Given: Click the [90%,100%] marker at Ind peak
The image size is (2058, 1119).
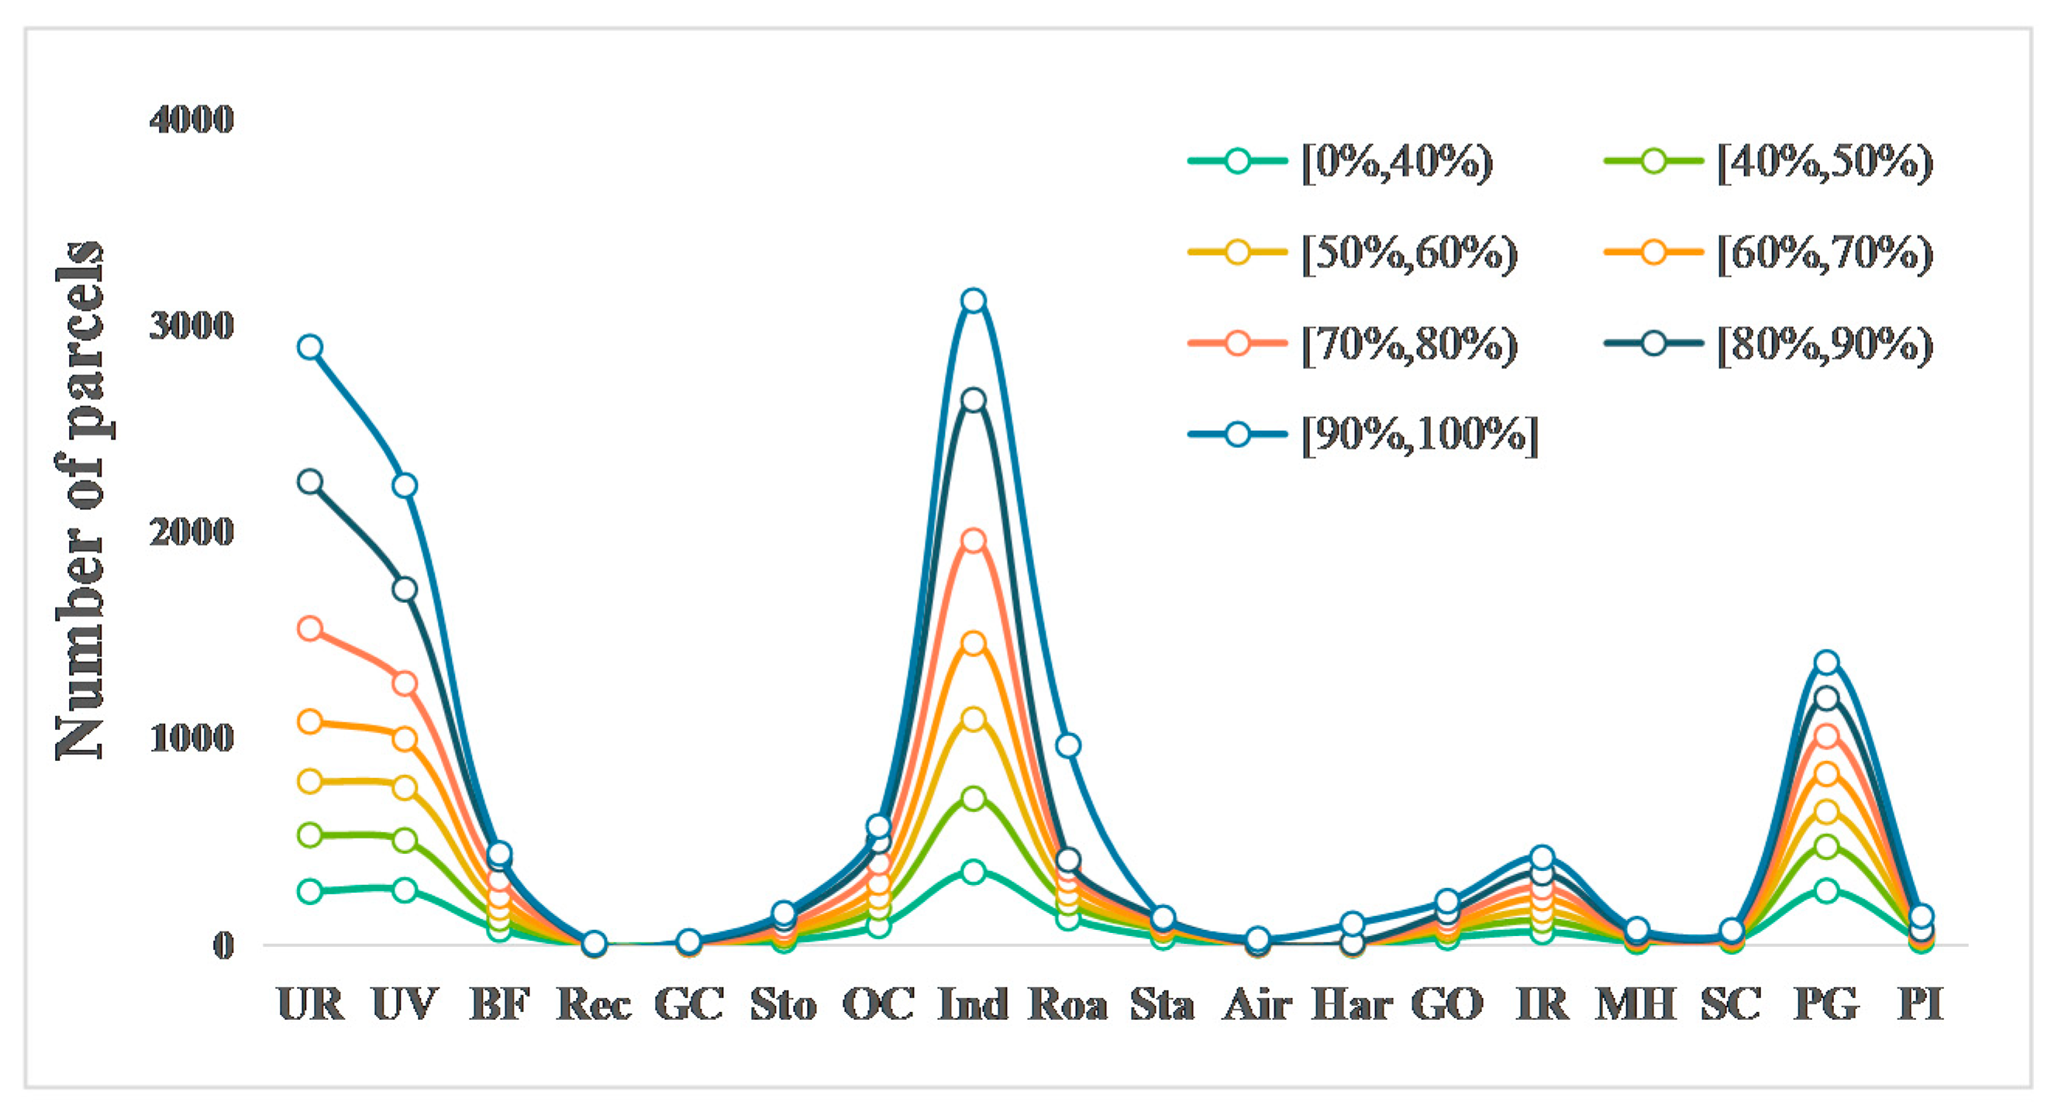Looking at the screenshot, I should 973,301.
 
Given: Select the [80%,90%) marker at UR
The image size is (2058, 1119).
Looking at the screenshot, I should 310,482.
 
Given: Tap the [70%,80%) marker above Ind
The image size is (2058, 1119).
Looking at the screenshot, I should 973,541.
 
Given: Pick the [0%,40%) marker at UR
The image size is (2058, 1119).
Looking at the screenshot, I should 310,891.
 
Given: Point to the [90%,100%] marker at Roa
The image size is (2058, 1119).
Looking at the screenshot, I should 1068,746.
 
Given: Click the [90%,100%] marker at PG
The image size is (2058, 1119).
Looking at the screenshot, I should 1826,663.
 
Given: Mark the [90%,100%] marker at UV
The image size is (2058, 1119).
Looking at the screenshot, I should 405,486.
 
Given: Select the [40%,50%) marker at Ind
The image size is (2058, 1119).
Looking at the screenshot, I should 973,798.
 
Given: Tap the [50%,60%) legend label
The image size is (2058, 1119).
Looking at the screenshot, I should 1409,253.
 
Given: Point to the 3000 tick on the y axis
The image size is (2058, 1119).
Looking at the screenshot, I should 191,326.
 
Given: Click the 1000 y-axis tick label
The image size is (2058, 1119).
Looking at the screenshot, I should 191,738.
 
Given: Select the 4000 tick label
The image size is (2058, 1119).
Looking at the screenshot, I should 191,120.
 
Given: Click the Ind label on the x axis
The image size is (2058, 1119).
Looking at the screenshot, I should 973,1004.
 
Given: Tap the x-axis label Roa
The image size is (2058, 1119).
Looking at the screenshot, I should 1068,1004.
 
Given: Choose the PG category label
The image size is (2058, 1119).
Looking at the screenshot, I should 1826,1004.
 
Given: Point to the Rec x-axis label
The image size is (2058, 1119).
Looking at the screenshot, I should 594,1004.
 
